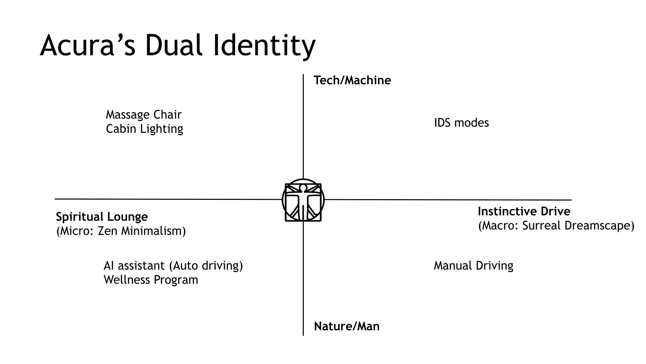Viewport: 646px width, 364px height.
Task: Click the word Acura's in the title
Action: click(88, 45)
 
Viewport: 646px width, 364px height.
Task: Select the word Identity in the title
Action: click(264, 45)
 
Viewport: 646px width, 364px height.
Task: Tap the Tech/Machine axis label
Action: click(352, 80)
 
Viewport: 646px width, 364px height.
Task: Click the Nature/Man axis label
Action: click(347, 326)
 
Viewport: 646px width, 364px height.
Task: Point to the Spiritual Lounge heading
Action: click(102, 217)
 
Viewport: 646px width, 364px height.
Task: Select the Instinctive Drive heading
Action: click(524, 211)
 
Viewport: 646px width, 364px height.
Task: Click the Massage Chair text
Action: click(144, 115)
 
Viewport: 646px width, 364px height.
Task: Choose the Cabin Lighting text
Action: click(144, 129)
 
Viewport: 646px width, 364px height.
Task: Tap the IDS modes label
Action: click(461, 123)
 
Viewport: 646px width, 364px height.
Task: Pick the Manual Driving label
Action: click(473, 266)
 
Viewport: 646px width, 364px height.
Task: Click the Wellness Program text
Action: click(151, 280)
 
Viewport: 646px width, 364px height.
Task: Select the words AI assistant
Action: click(134, 266)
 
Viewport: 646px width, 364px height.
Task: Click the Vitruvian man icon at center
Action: click(303, 200)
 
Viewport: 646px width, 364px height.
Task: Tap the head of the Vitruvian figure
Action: click(303, 187)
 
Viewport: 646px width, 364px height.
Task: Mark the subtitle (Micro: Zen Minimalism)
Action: click(121, 231)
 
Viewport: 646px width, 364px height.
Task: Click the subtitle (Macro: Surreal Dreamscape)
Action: click(556, 225)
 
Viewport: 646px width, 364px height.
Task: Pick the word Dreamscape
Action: click(600, 225)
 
